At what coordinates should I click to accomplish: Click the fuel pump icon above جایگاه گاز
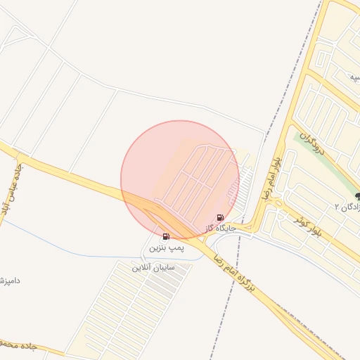coord(221,218)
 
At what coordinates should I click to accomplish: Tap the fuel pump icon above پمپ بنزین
coord(166,237)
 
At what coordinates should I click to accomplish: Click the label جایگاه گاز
coord(221,229)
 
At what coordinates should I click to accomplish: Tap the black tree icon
coord(358,197)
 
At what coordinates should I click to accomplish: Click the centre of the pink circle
coord(180,180)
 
